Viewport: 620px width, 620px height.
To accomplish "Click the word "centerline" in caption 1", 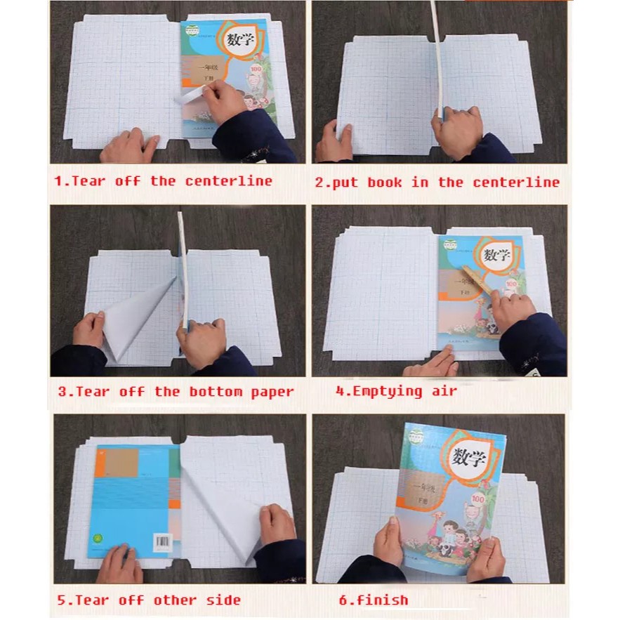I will coord(228,181).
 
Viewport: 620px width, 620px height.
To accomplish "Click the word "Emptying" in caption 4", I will coord(385,391).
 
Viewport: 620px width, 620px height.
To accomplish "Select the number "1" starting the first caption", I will coord(59,181).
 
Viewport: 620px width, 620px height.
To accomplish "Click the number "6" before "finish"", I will coord(342,600).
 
